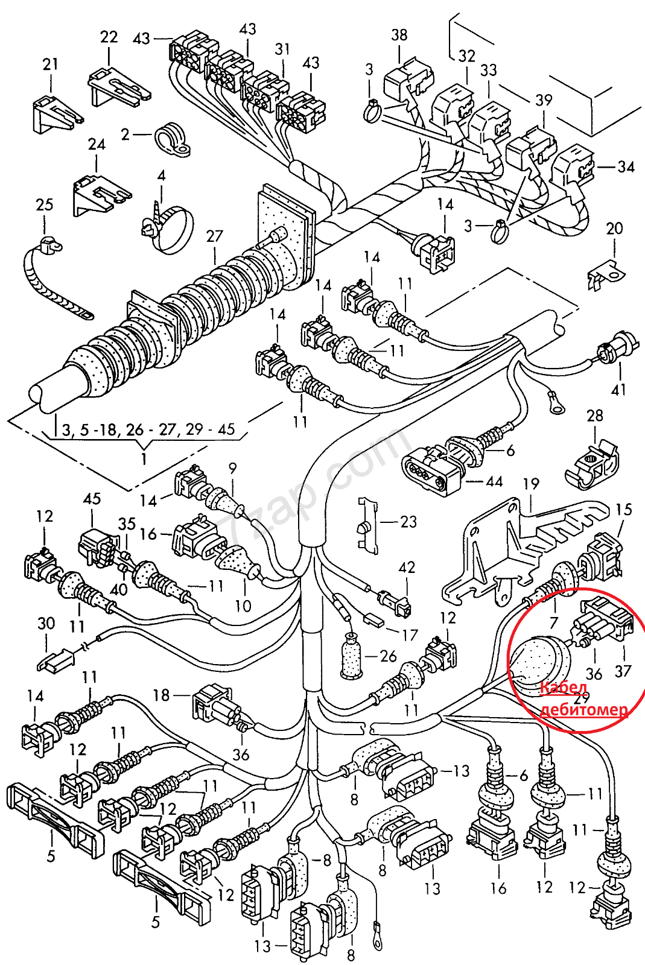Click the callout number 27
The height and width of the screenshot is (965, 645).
point(215,236)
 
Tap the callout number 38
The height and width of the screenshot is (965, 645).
point(399,35)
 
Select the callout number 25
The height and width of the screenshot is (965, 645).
point(45,204)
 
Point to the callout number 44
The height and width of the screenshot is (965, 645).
point(494,481)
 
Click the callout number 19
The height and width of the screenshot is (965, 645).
point(531,484)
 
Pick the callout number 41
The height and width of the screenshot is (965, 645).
point(619,390)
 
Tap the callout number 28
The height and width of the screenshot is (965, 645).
point(595,416)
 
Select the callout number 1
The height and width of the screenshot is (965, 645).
point(144,458)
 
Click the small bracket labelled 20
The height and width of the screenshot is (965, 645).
point(606,273)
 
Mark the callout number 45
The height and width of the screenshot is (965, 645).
point(92,499)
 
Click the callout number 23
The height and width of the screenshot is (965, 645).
point(408,522)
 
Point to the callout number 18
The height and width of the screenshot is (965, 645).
point(161,695)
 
